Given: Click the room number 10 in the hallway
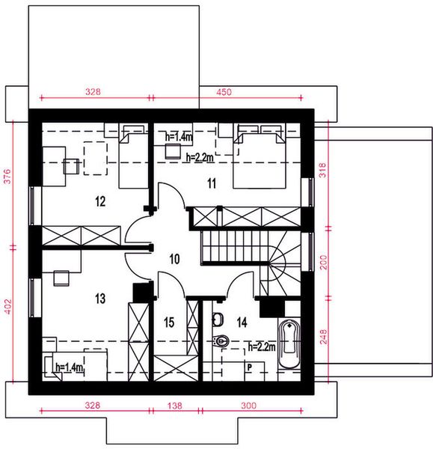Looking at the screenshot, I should click(x=174, y=260).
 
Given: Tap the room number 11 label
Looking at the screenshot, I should click(x=212, y=182).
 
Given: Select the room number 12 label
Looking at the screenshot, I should click(x=101, y=201).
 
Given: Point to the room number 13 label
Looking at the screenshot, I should click(x=101, y=299).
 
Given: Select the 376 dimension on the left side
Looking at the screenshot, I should click(x=7, y=176).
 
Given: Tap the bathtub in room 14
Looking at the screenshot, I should click(x=289, y=345).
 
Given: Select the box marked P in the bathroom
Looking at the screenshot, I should click(x=249, y=367).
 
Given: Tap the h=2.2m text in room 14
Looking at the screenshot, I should click(x=262, y=346).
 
